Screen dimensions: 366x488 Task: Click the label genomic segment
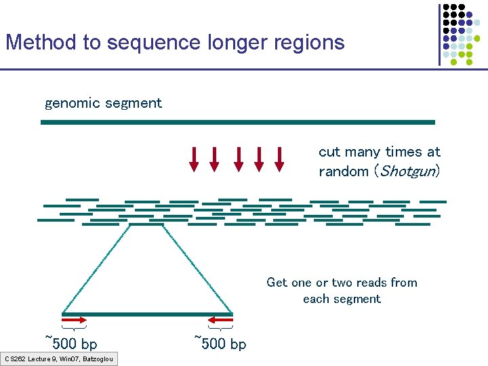(x=103, y=104)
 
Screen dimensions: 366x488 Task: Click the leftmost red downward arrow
(x=194, y=158)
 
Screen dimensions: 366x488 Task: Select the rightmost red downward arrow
(x=279, y=158)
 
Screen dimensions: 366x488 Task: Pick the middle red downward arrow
(x=238, y=158)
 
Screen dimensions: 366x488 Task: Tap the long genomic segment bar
(x=237, y=122)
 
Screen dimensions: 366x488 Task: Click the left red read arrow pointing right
(x=74, y=319)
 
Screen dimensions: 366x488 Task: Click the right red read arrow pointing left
(x=220, y=319)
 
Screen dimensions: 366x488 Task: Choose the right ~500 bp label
(x=220, y=343)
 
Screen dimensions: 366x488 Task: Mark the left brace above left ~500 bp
(x=74, y=329)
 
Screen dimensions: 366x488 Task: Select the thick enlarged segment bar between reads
(x=147, y=314)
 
